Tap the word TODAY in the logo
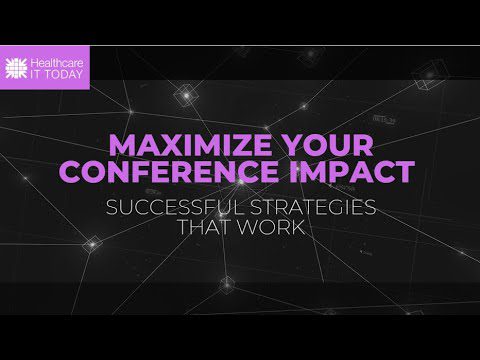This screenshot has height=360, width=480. [65, 73]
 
